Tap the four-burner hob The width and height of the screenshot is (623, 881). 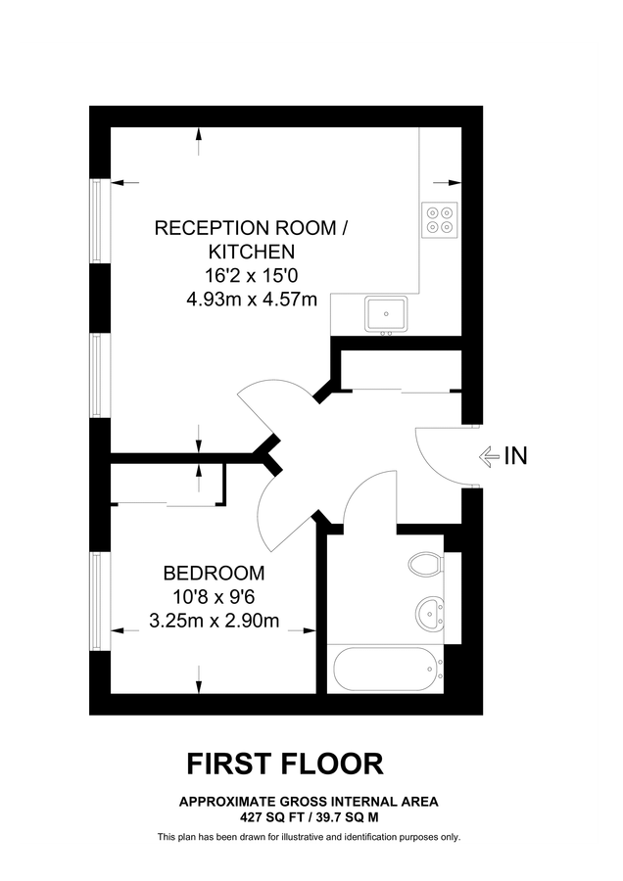pyautogui.click(x=440, y=219)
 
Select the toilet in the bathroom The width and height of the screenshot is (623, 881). pyautogui.click(x=425, y=567)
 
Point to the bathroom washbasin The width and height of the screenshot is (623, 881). pyautogui.click(x=429, y=614)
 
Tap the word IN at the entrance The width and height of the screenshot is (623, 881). pyautogui.click(x=515, y=455)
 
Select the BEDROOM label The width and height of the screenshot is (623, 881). pyautogui.click(x=214, y=573)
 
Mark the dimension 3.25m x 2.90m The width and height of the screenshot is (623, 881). pyautogui.click(x=215, y=620)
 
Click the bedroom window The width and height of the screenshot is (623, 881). pyautogui.click(x=97, y=600)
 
